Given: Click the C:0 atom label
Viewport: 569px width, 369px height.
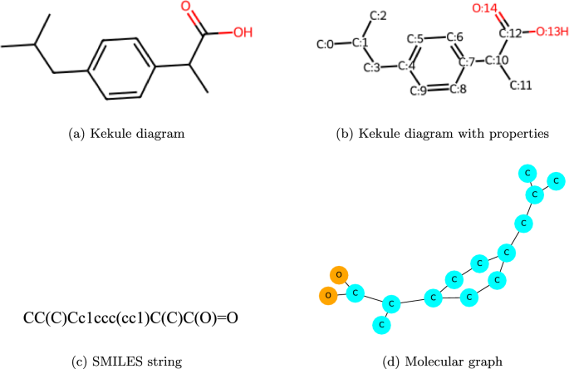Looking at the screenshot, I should [326, 43].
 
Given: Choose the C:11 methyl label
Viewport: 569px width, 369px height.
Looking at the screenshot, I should [521, 85].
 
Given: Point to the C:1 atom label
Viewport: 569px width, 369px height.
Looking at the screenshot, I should [360, 42].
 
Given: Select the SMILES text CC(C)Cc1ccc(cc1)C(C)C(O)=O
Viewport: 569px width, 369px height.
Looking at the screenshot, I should [130, 317].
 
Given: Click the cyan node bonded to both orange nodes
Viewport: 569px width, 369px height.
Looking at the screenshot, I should [355, 293].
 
